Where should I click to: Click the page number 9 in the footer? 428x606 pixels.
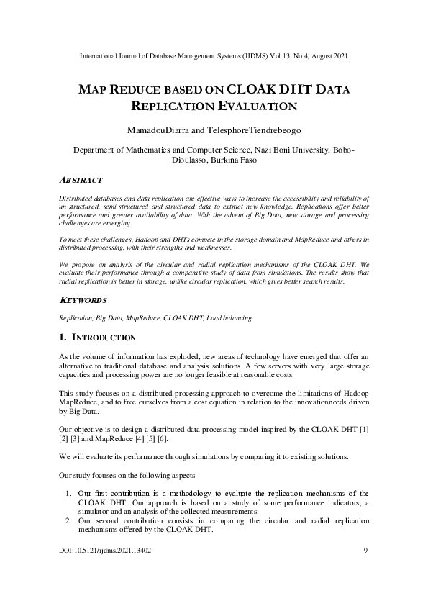pyautogui.click(x=366, y=551)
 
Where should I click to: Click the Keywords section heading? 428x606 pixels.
pyautogui.click(x=81, y=299)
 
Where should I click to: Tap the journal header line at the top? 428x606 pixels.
pyautogui.click(x=214, y=55)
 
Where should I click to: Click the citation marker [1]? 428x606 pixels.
pyautogui.click(x=365, y=429)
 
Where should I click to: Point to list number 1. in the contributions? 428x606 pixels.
pyautogui.click(x=66, y=492)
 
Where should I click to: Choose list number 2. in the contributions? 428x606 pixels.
pyautogui.click(x=66, y=520)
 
